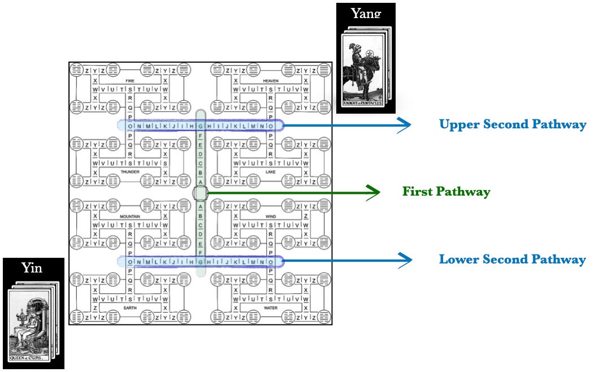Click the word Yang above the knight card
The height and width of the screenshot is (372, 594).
pos(366,13)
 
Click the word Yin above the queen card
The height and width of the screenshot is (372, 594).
pos(32,267)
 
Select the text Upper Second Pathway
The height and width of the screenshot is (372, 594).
pos(512,125)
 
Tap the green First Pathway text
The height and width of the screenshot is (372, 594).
pos(446,192)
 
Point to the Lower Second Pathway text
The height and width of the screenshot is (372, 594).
pos(512,259)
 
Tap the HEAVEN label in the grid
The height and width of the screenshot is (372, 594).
pos(271,81)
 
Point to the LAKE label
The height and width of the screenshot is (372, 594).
pos(271,171)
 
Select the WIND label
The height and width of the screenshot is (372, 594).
pos(271,217)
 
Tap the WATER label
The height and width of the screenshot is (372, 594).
pos(271,307)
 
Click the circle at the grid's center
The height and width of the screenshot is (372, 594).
pos(200,193)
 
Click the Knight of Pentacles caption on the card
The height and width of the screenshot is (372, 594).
pos(363,103)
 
